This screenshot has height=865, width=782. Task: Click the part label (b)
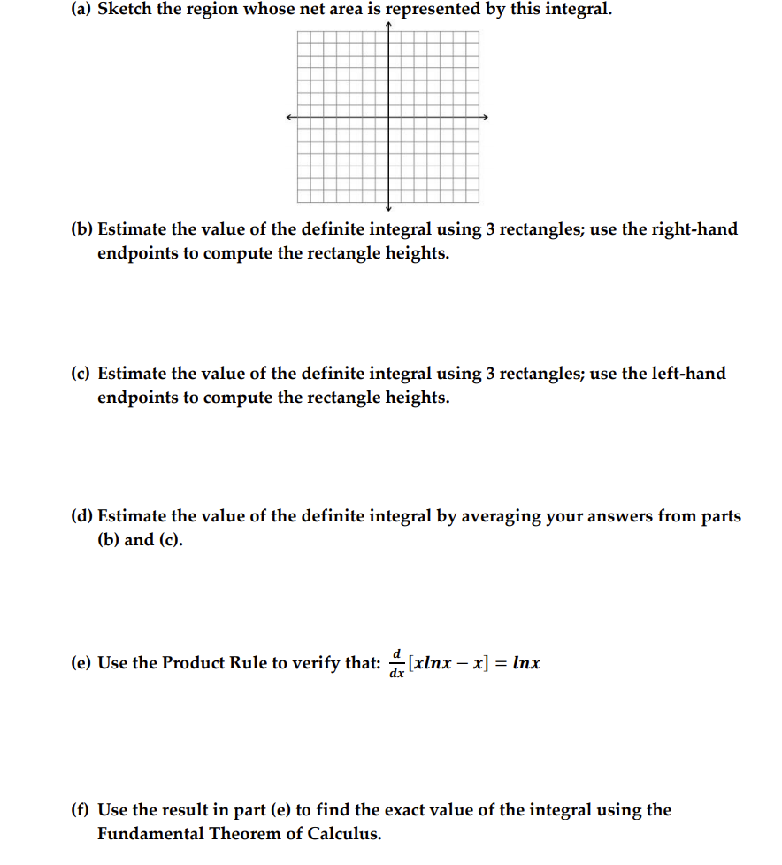(x=81, y=229)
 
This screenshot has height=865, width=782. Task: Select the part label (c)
(x=81, y=374)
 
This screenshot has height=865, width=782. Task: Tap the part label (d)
(x=81, y=516)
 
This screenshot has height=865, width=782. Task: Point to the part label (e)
(x=81, y=663)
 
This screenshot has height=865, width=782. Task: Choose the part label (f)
(x=80, y=810)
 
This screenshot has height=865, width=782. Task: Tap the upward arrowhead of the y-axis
(x=388, y=25)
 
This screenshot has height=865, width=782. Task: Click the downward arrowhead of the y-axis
(x=388, y=209)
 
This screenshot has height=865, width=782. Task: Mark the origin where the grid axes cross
(x=388, y=117)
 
